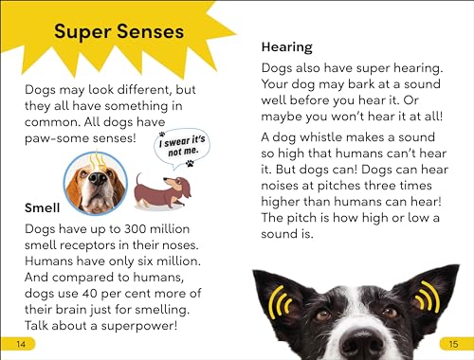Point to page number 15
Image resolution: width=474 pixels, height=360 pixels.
pos(454,342)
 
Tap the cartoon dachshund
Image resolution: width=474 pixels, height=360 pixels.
pos(162,191)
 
